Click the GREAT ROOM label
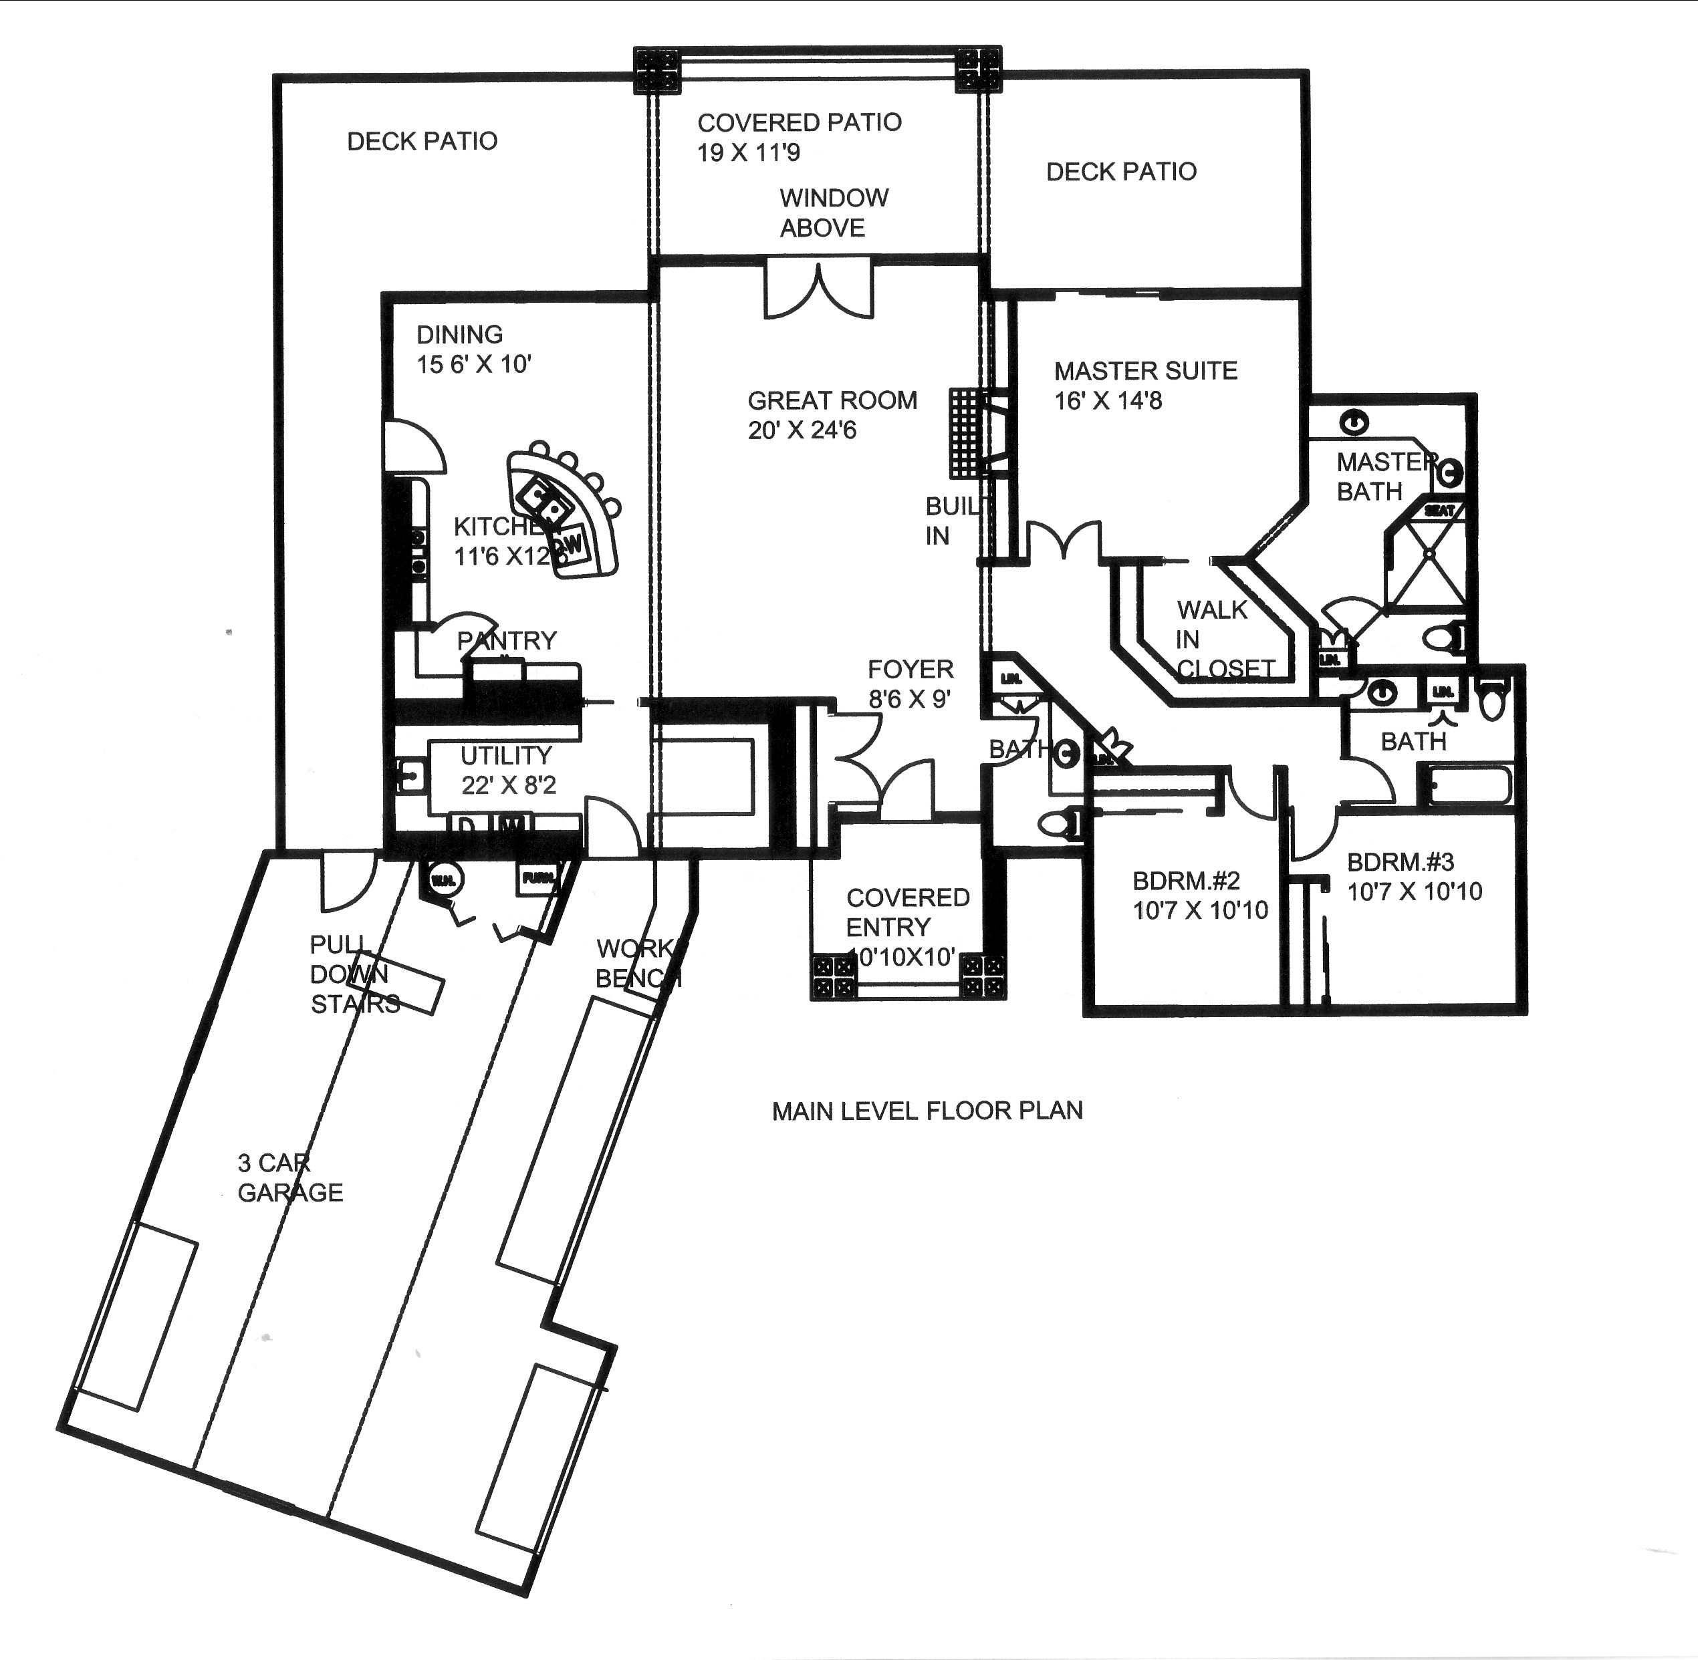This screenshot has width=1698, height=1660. pos(832,401)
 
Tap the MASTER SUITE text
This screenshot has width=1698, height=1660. pos(1145,372)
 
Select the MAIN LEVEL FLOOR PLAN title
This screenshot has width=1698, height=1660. pos(927,1111)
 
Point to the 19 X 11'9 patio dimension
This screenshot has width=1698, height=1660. pos(748,154)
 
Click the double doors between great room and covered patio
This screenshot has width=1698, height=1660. pos(818,289)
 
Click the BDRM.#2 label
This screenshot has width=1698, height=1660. pos(1186,881)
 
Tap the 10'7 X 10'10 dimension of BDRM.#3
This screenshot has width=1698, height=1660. pos(1415,892)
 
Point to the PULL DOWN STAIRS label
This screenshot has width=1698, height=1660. pos(353,975)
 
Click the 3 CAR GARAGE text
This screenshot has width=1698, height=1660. pos(289,1178)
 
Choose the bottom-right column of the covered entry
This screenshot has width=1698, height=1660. pos(982,976)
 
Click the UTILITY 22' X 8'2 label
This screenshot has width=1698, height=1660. pos(507,771)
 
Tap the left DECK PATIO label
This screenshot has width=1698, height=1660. pos(422,141)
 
